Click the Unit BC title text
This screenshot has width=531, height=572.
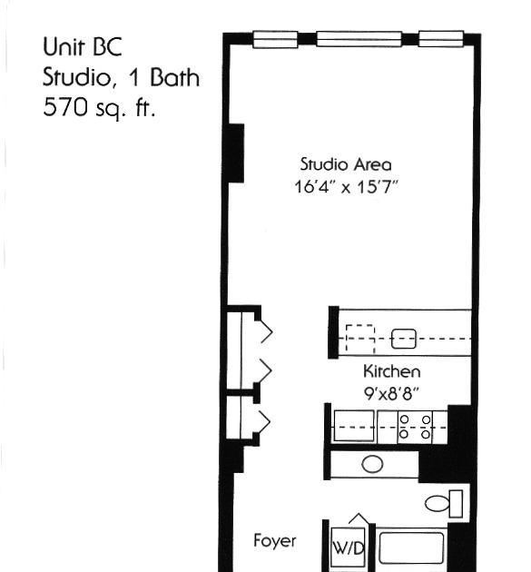click(82, 46)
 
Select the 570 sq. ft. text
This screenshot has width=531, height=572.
click(99, 108)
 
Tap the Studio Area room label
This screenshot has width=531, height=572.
click(346, 164)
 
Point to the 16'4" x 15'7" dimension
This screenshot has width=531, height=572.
click(345, 187)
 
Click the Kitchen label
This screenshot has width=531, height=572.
click(392, 371)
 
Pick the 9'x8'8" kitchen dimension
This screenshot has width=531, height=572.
click(391, 393)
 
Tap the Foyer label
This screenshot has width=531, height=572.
click(275, 540)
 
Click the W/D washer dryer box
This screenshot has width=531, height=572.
click(348, 547)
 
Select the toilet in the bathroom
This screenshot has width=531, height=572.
click(444, 503)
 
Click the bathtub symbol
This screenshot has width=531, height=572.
click(411, 547)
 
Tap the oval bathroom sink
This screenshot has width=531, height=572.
click(372, 464)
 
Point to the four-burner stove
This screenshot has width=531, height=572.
click(415, 427)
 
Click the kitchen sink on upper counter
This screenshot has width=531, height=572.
click(403, 339)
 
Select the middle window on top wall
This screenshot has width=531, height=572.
click(359, 39)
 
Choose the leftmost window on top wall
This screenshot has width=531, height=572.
click(275, 39)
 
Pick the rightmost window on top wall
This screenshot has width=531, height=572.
click(441, 39)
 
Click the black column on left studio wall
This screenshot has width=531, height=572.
click(236, 153)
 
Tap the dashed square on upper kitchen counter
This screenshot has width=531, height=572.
click(360, 339)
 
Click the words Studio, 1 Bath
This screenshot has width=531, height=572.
click(121, 77)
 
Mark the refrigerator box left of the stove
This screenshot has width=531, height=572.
click(354, 426)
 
